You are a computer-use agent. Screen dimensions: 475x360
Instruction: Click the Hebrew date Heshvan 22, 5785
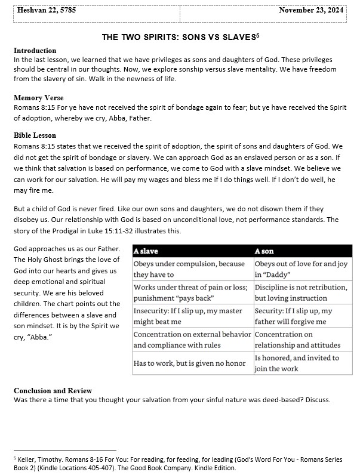click(x=47, y=10)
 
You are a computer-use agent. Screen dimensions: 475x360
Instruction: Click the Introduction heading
click(x=35, y=51)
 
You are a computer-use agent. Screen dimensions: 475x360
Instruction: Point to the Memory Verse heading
click(x=38, y=98)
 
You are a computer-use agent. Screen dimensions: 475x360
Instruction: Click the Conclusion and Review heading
click(x=53, y=391)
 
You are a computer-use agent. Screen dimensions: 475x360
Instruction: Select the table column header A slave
click(x=146, y=251)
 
